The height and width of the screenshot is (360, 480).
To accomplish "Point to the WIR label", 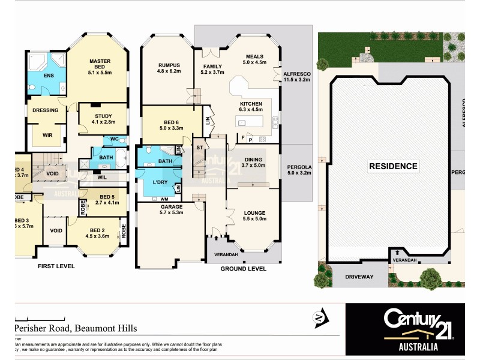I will [47, 135].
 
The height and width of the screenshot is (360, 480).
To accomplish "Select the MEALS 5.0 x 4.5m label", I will [254, 58].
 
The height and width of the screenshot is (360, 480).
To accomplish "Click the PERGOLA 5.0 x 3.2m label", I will [300, 170].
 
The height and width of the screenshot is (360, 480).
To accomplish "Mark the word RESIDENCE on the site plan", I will [393, 166].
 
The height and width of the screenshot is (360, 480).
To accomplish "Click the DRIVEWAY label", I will [358, 277].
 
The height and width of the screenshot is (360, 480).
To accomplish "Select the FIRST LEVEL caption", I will [56, 266].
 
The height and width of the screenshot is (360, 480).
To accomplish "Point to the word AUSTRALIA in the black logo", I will [410, 347].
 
